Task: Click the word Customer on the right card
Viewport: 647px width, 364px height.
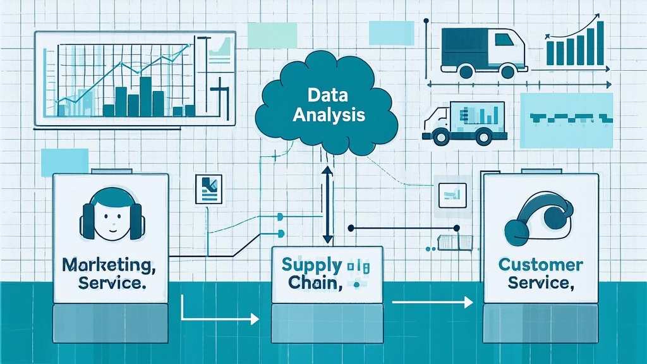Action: (x=540, y=264)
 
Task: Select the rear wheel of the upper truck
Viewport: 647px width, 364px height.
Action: (x=467, y=72)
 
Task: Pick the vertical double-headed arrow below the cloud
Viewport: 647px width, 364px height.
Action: (x=327, y=205)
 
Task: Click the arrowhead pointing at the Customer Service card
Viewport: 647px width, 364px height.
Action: (x=468, y=303)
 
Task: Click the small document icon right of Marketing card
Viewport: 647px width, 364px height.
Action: (x=209, y=188)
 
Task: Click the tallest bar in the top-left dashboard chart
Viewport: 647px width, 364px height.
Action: (x=145, y=96)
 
